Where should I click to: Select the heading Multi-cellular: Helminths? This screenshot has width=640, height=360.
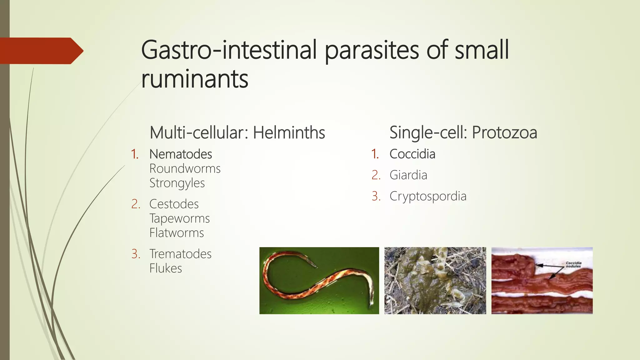237,132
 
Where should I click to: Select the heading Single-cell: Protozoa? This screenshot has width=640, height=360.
463,132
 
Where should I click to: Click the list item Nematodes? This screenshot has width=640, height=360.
181,154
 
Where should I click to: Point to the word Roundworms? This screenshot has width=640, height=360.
185,169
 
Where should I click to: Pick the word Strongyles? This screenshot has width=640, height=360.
177,183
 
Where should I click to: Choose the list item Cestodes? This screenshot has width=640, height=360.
174,204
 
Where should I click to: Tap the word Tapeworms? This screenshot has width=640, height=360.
179,218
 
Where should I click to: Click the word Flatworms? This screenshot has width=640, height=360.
177,233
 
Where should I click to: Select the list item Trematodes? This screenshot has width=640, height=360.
180,254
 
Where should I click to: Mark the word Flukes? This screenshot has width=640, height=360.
166,268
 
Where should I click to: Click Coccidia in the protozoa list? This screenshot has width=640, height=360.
412,154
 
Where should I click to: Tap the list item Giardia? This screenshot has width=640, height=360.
408,175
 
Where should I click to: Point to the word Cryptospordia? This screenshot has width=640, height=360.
428,196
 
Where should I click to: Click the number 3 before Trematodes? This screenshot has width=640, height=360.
135,254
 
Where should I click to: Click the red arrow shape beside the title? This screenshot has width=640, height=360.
41,51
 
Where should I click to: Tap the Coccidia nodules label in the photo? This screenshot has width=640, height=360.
573,264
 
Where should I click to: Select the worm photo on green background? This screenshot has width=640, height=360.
319,281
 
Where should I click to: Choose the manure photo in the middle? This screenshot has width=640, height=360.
435,281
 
